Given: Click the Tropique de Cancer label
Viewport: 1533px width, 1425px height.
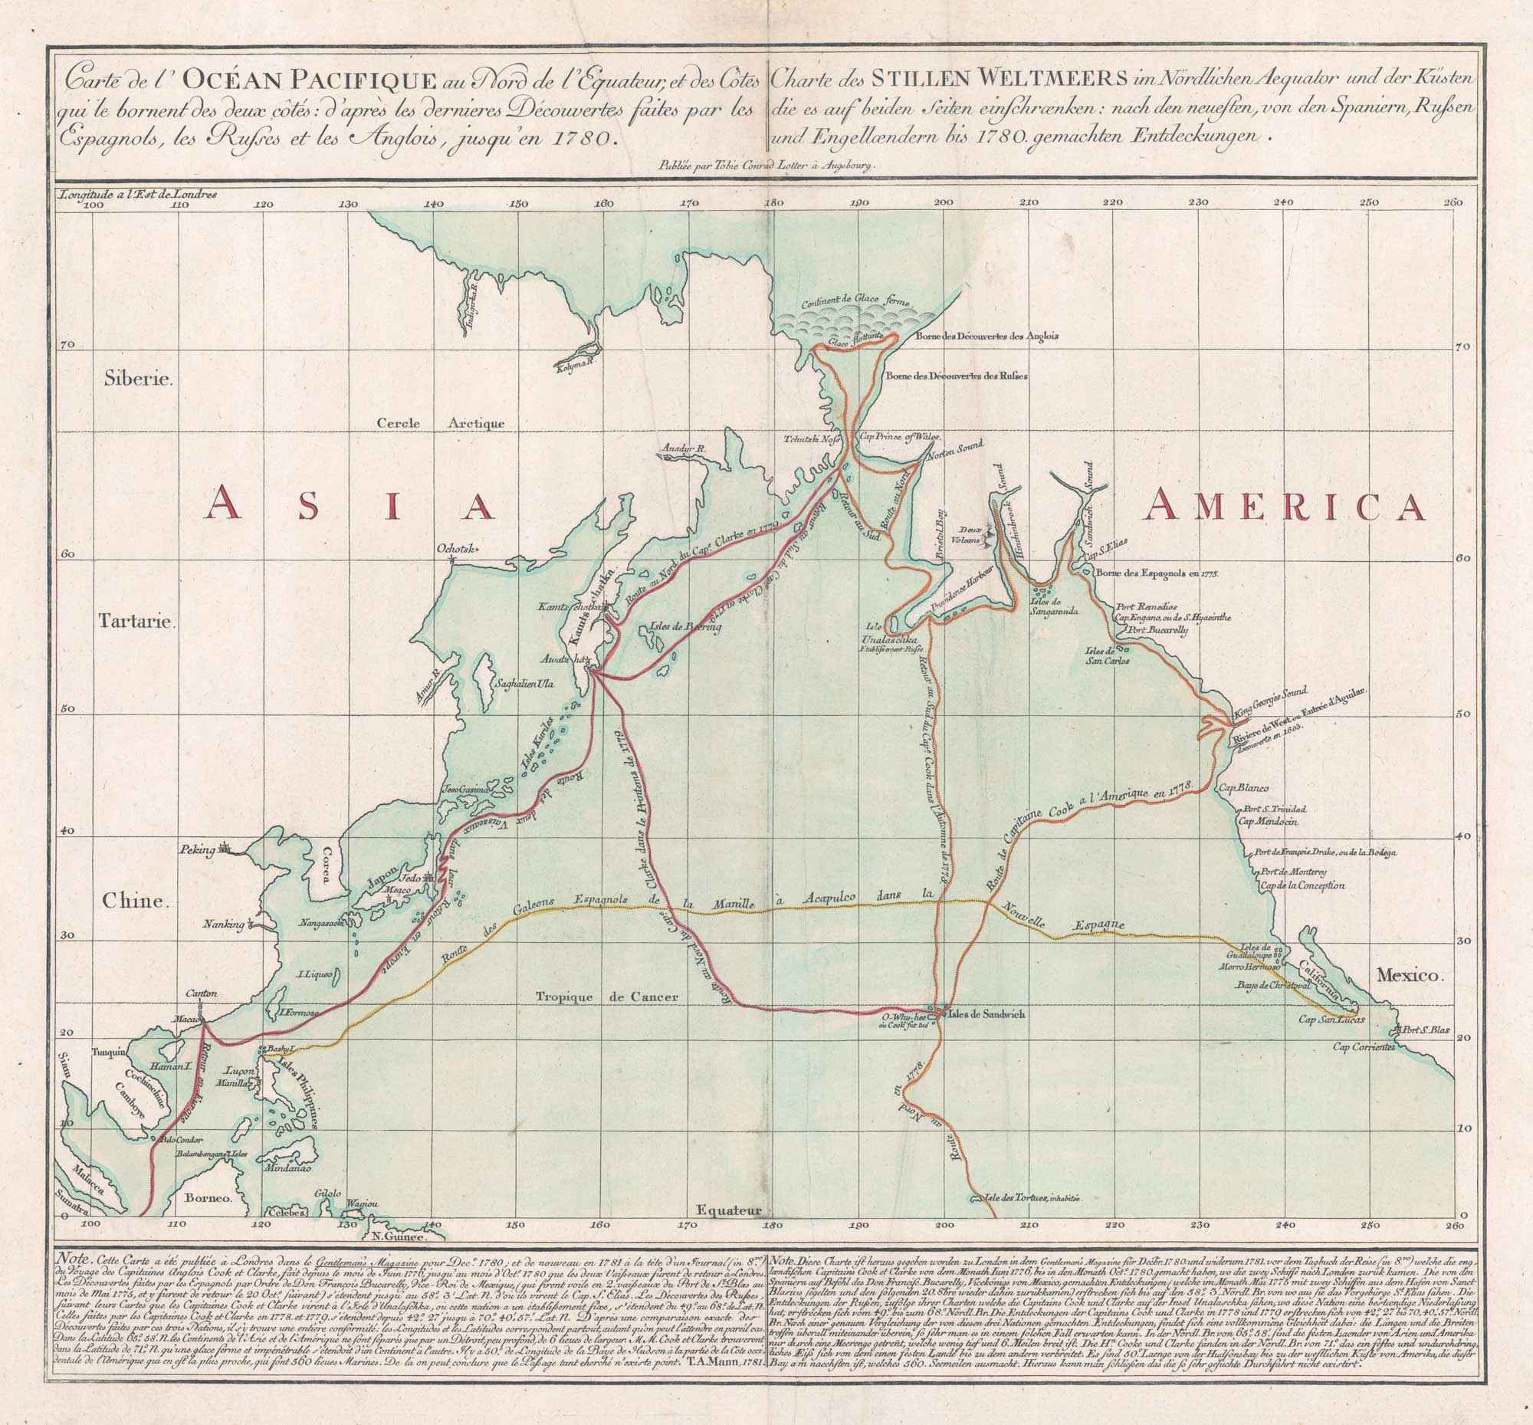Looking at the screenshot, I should [x=606, y=997].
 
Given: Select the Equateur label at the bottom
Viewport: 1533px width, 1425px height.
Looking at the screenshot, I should [x=727, y=1211].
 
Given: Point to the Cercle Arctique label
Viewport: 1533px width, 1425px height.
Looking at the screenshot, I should [x=440, y=423].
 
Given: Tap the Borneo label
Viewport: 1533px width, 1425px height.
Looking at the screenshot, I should [x=208, y=1199].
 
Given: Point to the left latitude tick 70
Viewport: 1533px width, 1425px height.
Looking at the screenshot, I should [x=69, y=347].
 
